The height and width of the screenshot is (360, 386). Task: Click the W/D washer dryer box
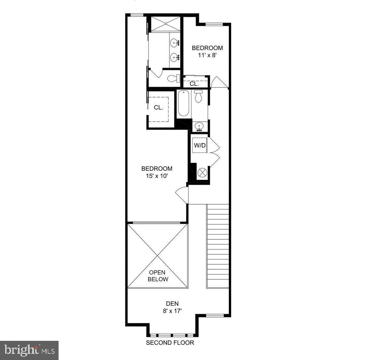(x=200, y=145)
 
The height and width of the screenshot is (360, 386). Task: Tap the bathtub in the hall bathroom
(x=184, y=104)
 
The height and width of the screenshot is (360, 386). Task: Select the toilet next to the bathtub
(x=199, y=96)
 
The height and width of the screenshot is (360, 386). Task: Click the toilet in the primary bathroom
(x=173, y=78)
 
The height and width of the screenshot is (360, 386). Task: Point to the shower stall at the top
(x=166, y=23)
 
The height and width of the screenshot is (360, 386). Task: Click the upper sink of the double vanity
(x=175, y=42)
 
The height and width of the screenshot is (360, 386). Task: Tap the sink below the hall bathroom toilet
(x=199, y=126)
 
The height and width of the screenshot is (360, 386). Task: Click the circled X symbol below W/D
(x=202, y=172)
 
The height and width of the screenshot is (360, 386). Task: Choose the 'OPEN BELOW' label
(x=158, y=276)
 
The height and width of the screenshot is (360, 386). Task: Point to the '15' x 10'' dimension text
(x=157, y=176)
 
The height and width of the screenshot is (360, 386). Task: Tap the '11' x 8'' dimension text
(x=207, y=55)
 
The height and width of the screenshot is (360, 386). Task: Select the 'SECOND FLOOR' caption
(x=170, y=343)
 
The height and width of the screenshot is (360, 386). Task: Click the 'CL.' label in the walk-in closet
(x=159, y=108)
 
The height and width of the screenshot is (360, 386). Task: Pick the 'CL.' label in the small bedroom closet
(x=194, y=84)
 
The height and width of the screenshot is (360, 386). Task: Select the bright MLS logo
(x=29, y=350)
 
